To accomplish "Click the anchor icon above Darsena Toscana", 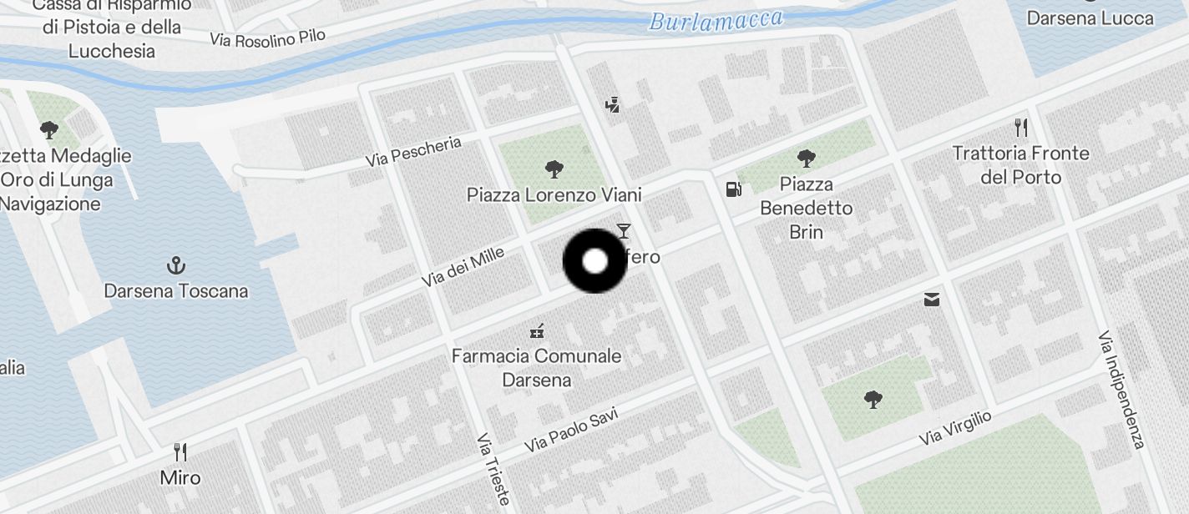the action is [x=175, y=266].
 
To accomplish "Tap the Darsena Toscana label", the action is [x=175, y=291].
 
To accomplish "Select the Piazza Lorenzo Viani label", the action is [x=554, y=195].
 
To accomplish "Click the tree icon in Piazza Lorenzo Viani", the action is [x=554, y=170].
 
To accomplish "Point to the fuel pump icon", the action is [x=733, y=189].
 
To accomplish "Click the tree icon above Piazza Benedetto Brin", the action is [x=806, y=158].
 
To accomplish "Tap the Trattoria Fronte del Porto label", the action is [x=1020, y=165].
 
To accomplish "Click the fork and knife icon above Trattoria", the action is [x=1020, y=128].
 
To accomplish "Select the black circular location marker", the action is [x=594, y=261].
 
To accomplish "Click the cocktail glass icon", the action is [x=623, y=231].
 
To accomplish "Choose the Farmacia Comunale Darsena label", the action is [x=536, y=368].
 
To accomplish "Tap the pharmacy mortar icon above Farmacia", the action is [x=537, y=331].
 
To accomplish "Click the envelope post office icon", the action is [x=932, y=300].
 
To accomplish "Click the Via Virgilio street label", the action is [x=954, y=427].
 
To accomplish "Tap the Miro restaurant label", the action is [x=180, y=478].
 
